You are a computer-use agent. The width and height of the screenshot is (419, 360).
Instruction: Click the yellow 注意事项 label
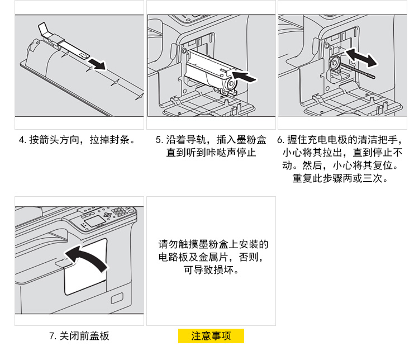[x=211, y=336]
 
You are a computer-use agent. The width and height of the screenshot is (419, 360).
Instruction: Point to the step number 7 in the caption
[x=53, y=336]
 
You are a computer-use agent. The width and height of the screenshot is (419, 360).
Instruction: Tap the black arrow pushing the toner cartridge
[x=246, y=77]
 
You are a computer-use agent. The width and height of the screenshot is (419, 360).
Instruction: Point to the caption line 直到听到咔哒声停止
[x=211, y=152]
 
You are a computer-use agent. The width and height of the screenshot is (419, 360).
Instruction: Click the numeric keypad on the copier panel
[x=119, y=212]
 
